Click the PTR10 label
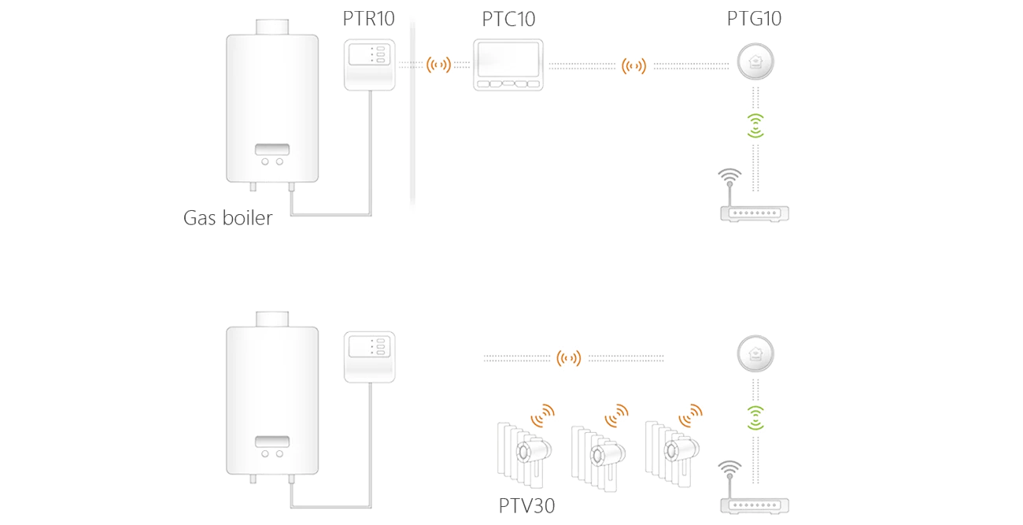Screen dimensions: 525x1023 point(367,19)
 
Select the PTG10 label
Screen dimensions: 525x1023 point(754,19)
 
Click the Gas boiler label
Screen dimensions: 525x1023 point(227,218)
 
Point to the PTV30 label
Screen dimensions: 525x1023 point(526,506)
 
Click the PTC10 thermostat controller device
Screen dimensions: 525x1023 point(508,65)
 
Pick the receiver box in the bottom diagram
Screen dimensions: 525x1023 point(367,357)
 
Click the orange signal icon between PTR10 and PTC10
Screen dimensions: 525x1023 point(438,65)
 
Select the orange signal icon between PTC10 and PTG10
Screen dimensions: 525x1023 point(633,66)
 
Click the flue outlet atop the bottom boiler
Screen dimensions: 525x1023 point(271,318)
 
